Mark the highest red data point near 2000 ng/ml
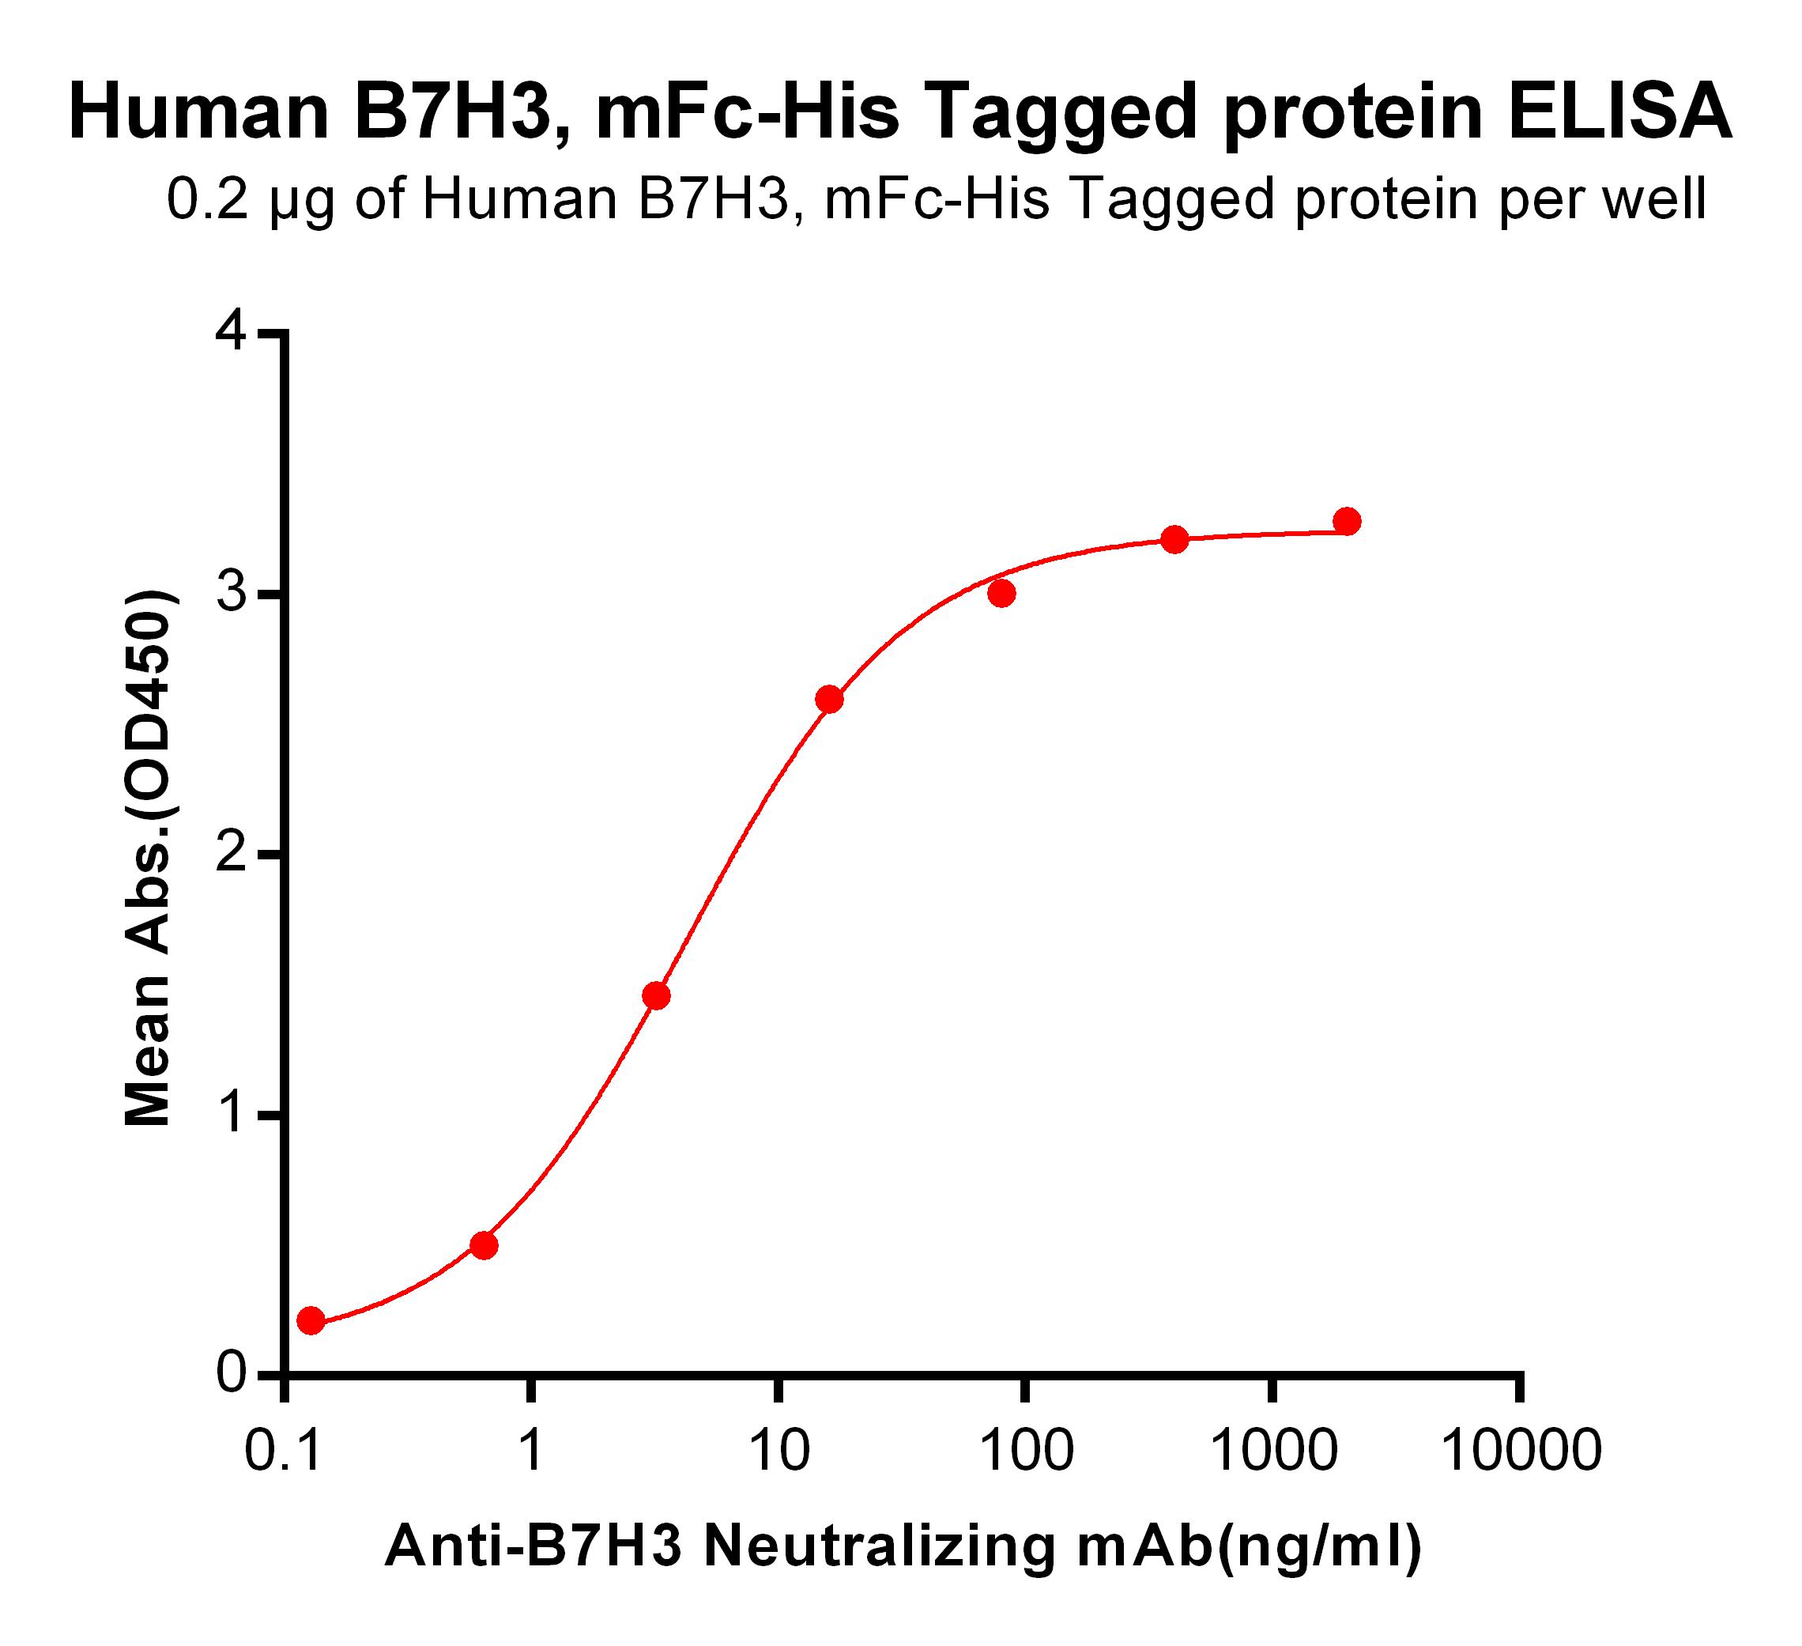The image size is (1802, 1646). point(1347,521)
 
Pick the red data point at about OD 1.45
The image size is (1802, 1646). point(656,996)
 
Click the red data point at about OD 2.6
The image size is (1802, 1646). point(830,699)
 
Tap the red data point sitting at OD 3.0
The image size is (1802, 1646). point(1002,594)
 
